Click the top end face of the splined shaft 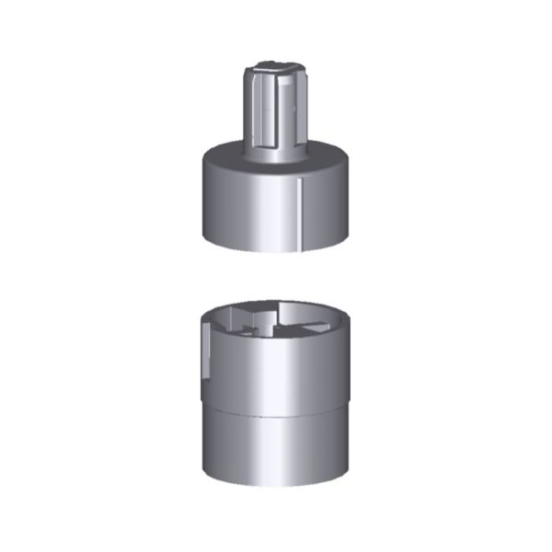275,66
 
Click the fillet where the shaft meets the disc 276,147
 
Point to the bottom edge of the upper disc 276,250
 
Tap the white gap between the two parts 276,276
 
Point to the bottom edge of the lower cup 276,486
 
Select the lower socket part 276,396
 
